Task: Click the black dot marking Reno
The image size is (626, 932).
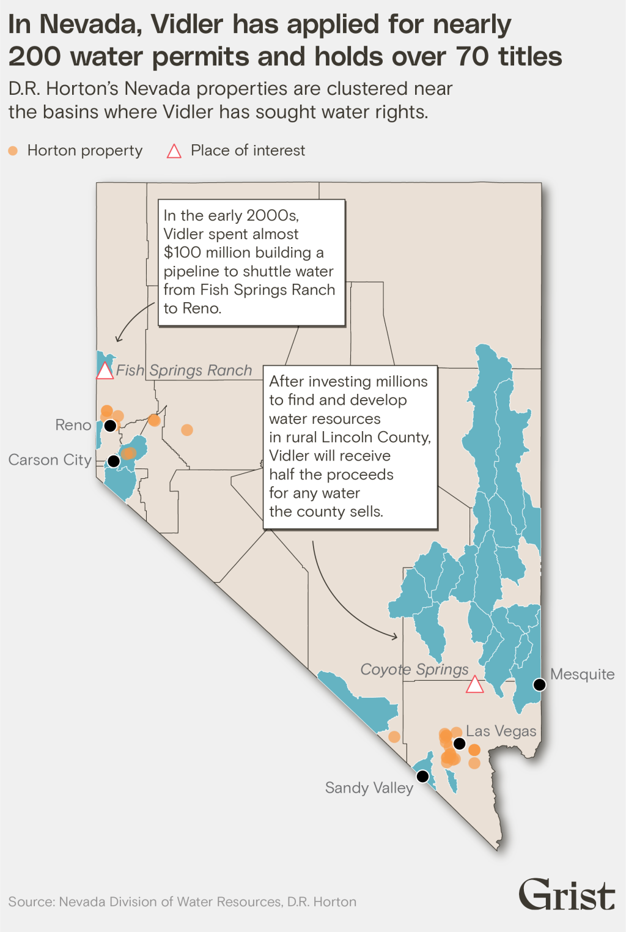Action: pos(110,425)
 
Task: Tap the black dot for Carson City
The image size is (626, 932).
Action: pos(114,460)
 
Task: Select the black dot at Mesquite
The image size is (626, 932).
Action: pos(539,684)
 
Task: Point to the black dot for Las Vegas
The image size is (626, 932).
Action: pos(459,744)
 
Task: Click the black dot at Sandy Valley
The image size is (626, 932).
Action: pos(422,776)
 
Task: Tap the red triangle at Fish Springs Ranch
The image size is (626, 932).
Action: pos(105,371)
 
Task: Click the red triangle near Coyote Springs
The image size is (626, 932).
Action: pos(475,685)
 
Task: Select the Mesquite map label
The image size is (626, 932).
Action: pos(582,674)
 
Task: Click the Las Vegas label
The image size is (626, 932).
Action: pos(501,731)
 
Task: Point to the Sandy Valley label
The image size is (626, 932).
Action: pos(369,788)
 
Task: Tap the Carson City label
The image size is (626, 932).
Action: pos(50,460)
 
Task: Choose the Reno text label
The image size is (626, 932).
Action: pos(73,425)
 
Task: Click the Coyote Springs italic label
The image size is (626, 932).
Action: pos(414,669)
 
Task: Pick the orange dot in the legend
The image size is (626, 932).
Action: pos(13,150)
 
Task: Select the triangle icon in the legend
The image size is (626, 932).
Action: pos(174,151)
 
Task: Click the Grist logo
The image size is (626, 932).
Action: pos(566,895)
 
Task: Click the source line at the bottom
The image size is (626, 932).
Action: pos(182,901)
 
